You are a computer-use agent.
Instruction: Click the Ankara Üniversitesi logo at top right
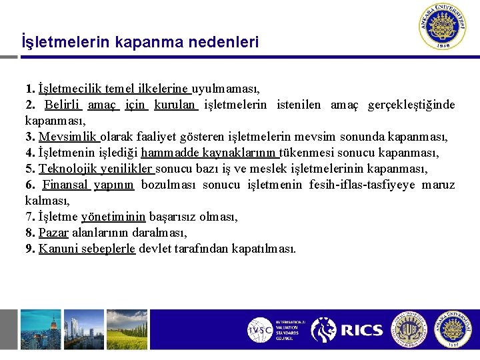445,27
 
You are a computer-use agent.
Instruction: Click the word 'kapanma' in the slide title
147,43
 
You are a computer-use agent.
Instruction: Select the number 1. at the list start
30,88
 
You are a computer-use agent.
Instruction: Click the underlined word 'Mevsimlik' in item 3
69,137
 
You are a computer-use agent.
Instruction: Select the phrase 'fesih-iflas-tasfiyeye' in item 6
362,185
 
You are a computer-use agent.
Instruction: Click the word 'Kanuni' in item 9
57,249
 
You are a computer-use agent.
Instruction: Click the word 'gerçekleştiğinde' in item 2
411,105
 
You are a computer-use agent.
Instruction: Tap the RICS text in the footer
361,330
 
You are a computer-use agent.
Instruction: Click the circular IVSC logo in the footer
259,330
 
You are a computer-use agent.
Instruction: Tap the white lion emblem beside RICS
325,330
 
